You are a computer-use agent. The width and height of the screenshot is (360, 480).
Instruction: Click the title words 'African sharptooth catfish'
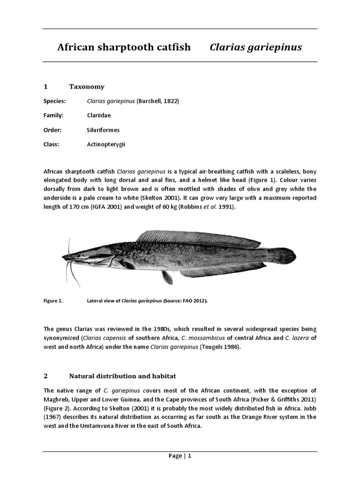tap(124, 47)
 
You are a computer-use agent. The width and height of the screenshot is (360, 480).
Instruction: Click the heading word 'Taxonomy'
tap(87, 87)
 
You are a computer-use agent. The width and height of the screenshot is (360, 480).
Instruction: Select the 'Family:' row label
tap(53, 115)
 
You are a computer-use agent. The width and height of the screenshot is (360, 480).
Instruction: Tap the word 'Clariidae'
tap(99, 115)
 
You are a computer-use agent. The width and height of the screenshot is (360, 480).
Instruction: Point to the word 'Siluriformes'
tap(103, 130)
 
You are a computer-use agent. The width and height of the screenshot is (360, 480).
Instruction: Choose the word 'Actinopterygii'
tap(106, 144)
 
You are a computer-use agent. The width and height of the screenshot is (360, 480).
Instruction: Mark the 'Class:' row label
tap(51, 144)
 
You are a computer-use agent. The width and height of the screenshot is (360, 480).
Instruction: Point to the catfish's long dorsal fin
tap(197, 240)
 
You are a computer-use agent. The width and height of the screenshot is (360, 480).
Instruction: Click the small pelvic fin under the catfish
tap(167, 277)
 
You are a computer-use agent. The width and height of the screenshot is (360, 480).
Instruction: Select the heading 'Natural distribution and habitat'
tap(122, 376)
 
